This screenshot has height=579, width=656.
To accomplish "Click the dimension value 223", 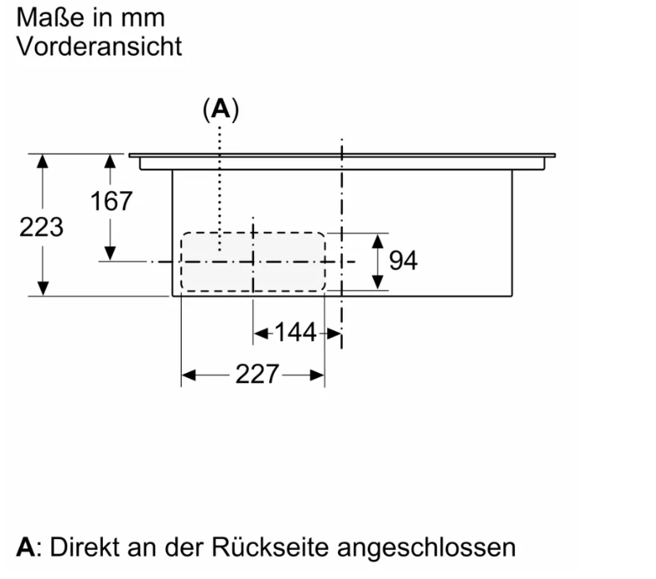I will tap(41, 227).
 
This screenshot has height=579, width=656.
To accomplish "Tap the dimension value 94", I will tap(403, 261).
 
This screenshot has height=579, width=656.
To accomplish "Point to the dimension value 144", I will tap(296, 333).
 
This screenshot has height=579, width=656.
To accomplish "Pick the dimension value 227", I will tap(256, 375).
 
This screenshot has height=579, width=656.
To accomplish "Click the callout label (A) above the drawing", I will tap(220, 110).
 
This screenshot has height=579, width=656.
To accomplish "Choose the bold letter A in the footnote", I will tap(27, 547).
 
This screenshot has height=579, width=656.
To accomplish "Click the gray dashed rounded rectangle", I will tap(252, 261).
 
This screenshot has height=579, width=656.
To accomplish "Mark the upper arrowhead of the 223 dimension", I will tap(42, 160).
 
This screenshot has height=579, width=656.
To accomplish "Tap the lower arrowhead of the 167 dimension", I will tap(110, 253).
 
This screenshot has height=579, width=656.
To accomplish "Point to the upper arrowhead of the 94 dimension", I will tap(378, 241).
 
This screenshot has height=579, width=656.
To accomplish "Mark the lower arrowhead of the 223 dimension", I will tap(42, 287).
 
